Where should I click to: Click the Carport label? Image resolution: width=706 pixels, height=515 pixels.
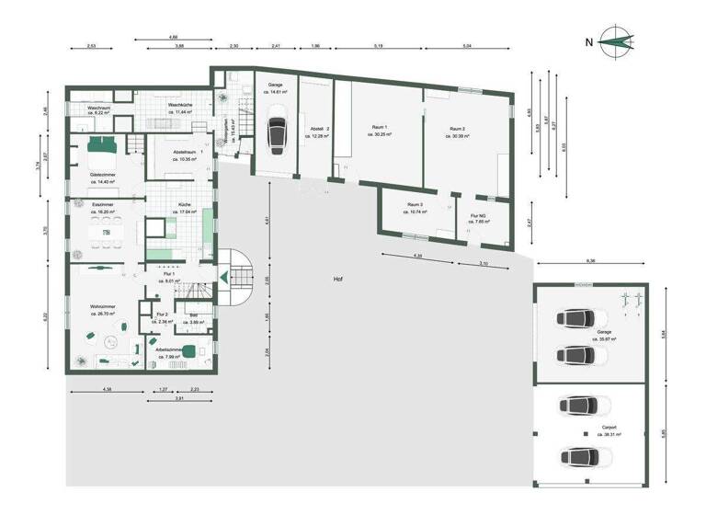click(609, 428)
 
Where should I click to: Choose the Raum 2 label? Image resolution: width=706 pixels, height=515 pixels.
click(458, 128)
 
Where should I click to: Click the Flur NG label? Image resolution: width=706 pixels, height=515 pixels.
click(478, 216)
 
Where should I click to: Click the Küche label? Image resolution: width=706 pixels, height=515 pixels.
click(185, 204)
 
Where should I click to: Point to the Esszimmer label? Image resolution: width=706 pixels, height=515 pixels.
click(103, 204)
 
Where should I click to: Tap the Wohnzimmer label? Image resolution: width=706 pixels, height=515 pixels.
click(101, 305)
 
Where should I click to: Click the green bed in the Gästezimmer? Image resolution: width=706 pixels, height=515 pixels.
click(101, 144)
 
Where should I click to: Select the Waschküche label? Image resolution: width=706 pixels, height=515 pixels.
click(180, 105)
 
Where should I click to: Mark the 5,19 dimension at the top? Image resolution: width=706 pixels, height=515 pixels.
click(379, 45)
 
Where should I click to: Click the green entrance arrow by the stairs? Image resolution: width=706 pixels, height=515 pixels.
click(223, 276)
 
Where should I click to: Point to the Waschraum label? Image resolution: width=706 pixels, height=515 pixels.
click(100, 108)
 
